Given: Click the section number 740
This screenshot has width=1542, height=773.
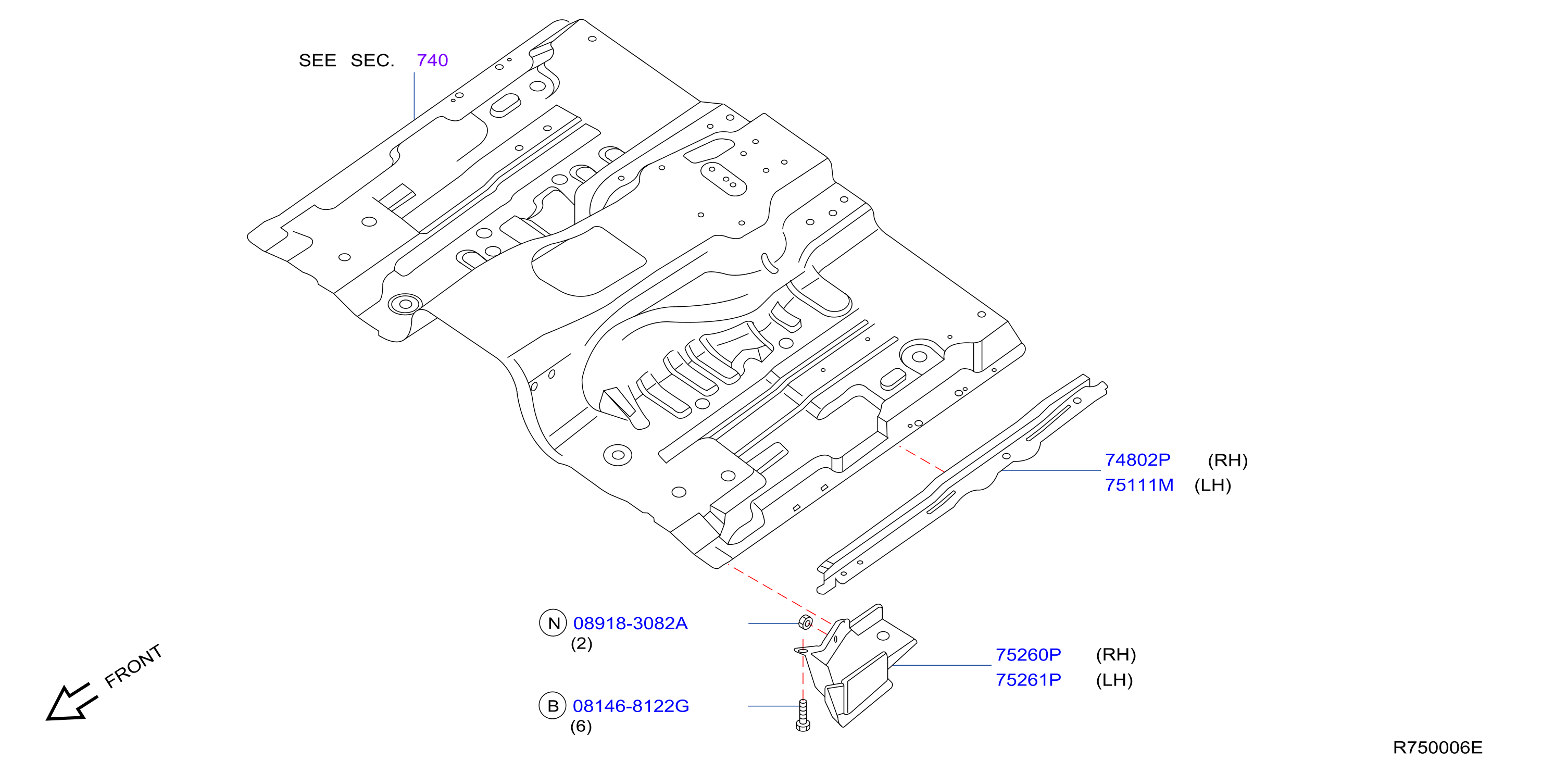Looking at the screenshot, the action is point(432,60).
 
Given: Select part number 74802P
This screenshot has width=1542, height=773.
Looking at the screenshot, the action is point(1137,460).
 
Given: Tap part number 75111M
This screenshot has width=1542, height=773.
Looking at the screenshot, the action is point(1139,485).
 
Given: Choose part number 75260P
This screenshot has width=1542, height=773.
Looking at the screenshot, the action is point(1029,654).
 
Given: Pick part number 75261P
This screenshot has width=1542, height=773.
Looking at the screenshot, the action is point(1029,680).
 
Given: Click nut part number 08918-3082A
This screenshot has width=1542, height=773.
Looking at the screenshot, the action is point(630,624).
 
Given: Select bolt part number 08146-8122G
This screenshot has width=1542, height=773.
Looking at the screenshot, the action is point(631,706).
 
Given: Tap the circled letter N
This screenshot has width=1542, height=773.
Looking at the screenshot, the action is point(553,624).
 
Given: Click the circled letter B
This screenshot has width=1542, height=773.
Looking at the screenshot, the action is point(553,706).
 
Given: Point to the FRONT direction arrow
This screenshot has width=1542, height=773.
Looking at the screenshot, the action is point(71,703).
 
